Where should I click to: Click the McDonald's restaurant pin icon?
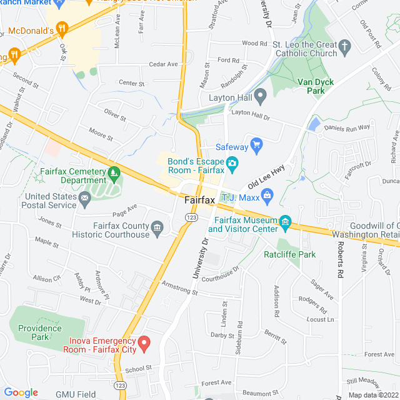tap(61, 28)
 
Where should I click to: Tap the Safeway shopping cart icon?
tap(256, 146)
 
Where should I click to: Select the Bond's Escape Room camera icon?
tap(232, 164)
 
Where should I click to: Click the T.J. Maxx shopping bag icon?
tap(267, 197)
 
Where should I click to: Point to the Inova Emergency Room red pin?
tap(144, 343)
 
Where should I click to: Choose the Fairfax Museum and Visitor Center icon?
tap(286, 222)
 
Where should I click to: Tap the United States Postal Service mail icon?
tap(85, 199)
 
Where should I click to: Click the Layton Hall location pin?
tap(261, 96)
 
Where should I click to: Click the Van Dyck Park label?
tap(316, 86)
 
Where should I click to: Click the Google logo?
tap(21, 392)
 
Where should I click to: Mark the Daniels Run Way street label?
tap(347, 127)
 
